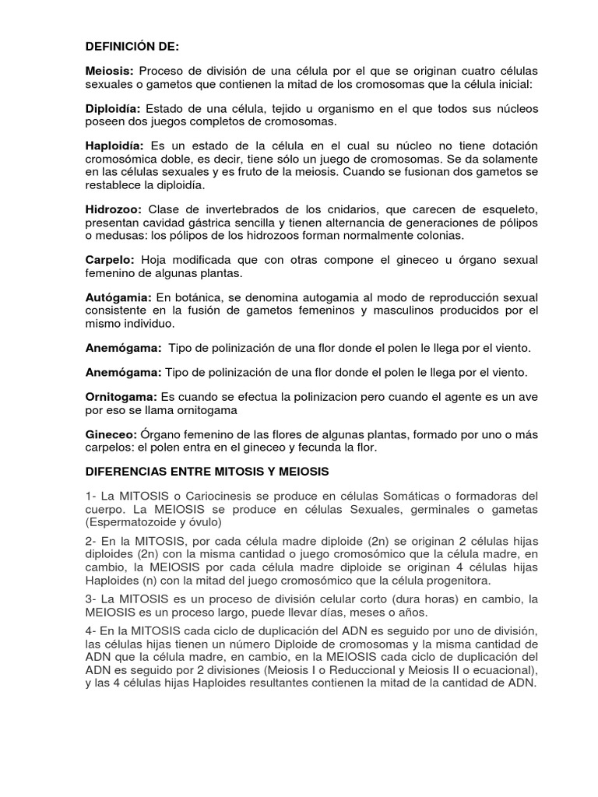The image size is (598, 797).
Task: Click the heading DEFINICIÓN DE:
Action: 132,47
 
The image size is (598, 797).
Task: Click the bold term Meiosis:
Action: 110,72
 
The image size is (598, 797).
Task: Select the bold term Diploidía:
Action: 113,108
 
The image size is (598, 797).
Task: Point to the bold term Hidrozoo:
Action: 113,209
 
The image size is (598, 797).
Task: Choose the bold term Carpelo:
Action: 110,259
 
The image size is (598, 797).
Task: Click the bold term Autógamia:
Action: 118,298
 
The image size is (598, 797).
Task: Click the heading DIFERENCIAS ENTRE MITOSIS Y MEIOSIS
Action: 207,472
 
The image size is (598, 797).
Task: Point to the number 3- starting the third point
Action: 91,599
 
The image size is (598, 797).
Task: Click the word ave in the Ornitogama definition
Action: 528,398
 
